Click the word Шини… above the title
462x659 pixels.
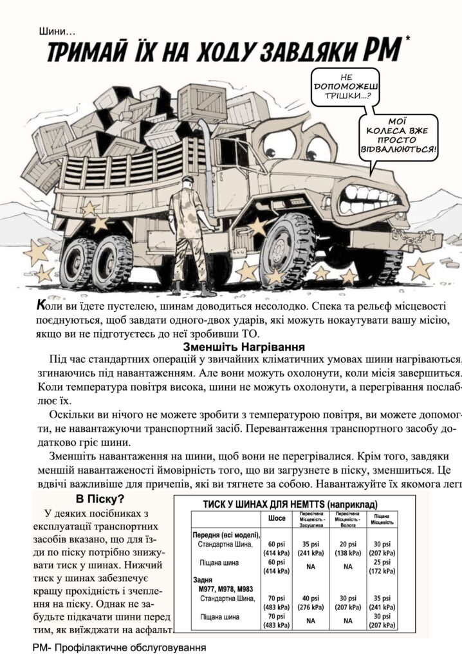tap(57, 31)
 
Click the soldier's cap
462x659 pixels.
tap(186, 180)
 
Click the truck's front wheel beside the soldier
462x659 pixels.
tap(287, 248)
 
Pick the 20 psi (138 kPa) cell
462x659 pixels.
tap(347, 548)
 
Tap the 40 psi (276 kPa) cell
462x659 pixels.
tap(311, 601)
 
